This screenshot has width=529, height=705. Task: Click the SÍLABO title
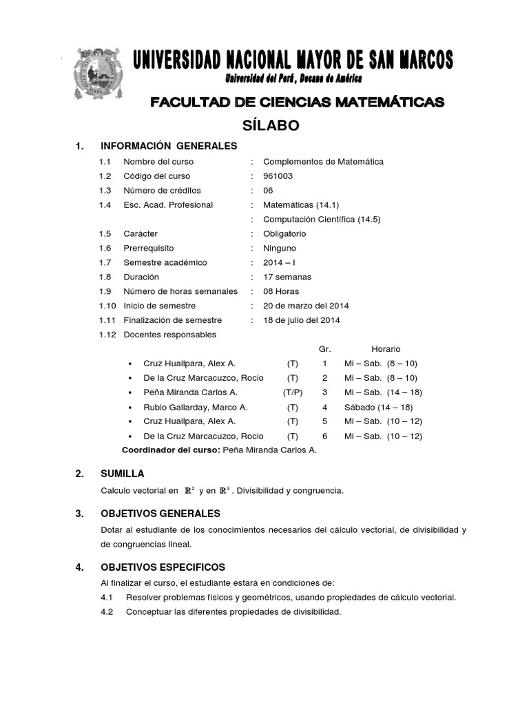coord(271,125)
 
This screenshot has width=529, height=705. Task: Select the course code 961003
coord(278,176)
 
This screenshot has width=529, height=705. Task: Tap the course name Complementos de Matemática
coord(323,162)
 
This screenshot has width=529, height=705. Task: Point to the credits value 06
coord(269,191)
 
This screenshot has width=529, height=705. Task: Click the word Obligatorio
coord(284,233)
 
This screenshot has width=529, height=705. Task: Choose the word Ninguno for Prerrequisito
coord(280,248)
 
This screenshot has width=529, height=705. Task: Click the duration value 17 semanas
coord(287,277)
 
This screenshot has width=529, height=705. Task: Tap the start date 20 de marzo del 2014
coord(306,306)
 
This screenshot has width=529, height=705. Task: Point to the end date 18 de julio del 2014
coord(302,320)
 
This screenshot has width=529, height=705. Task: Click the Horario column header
coord(386,349)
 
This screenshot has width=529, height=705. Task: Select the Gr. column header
coord(325,349)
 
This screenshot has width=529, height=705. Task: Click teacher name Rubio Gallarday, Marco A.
coord(195,407)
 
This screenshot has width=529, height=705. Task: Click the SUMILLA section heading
coord(122,474)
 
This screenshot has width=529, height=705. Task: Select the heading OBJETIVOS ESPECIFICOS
coord(163,567)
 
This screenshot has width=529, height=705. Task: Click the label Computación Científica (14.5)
coord(322,220)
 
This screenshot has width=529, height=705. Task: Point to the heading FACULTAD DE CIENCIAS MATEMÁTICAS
coord(298,103)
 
